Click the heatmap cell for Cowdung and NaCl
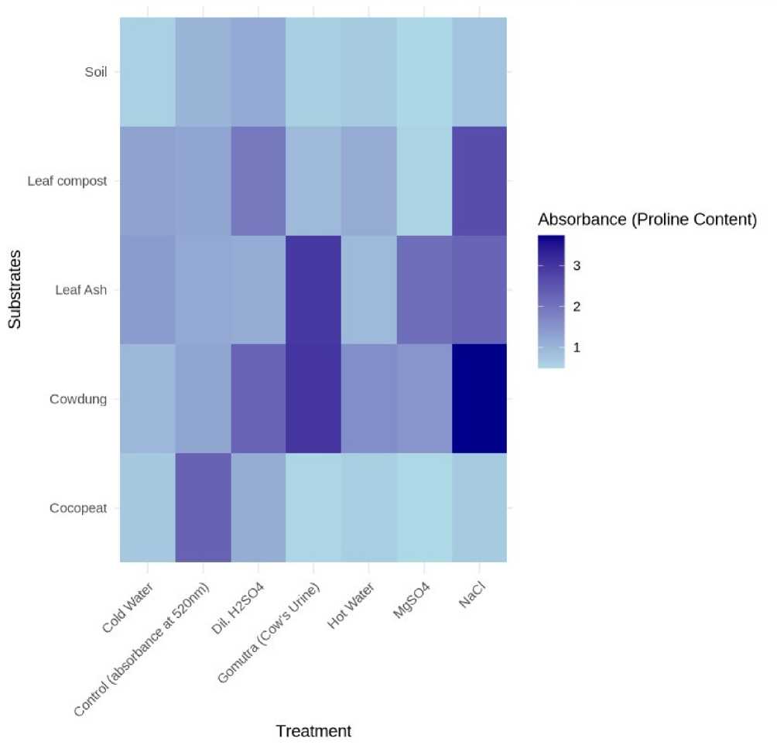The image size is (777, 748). [479, 399]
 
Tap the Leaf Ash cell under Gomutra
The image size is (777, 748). [313, 290]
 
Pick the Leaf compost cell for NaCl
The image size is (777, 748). [479, 181]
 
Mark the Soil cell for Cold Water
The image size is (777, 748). [147, 72]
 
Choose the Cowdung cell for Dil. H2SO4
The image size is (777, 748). [258, 399]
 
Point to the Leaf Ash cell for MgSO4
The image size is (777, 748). [424, 290]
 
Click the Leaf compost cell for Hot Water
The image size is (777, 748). [368, 181]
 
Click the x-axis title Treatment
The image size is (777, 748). [313, 730]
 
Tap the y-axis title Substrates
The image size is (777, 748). [15, 290]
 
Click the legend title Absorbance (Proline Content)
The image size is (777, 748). [646, 219]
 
